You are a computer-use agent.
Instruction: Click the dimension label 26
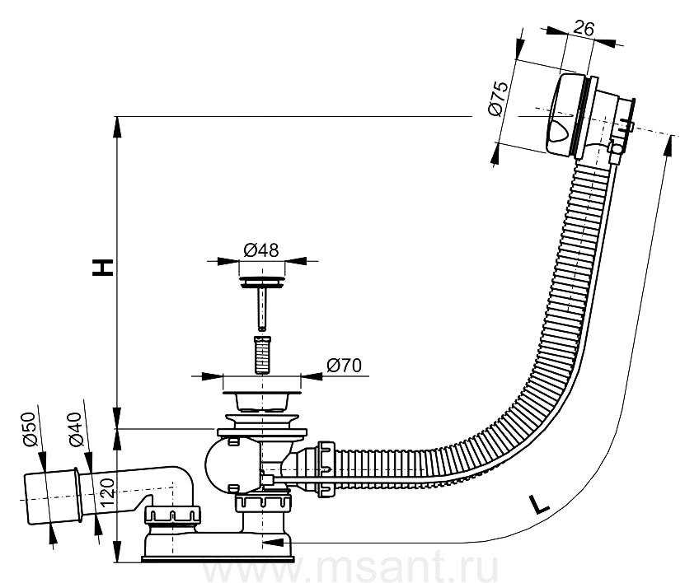pyautogui.click(x=583, y=29)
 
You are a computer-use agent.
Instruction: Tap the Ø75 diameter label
pyautogui.click(x=498, y=99)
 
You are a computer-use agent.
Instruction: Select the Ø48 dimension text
pyautogui.click(x=261, y=250)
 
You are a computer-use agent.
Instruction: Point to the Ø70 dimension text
pyautogui.click(x=345, y=366)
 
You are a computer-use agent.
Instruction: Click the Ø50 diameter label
pyautogui.click(x=28, y=428)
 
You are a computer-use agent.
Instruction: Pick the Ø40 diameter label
pyautogui.click(x=75, y=429)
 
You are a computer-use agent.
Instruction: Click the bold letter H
pyautogui.click(x=102, y=267)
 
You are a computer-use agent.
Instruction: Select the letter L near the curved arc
pyautogui.click(x=540, y=505)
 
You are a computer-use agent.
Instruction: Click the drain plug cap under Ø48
pyautogui.click(x=261, y=282)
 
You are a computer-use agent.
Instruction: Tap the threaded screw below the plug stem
pyautogui.click(x=262, y=355)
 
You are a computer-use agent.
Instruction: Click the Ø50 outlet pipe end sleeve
pyautogui.click(x=53, y=498)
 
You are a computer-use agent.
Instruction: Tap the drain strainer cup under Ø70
pyautogui.click(x=261, y=400)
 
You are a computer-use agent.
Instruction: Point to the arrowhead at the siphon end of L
pyautogui.click(x=271, y=543)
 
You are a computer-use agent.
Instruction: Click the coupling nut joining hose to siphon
pyautogui.click(x=326, y=469)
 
